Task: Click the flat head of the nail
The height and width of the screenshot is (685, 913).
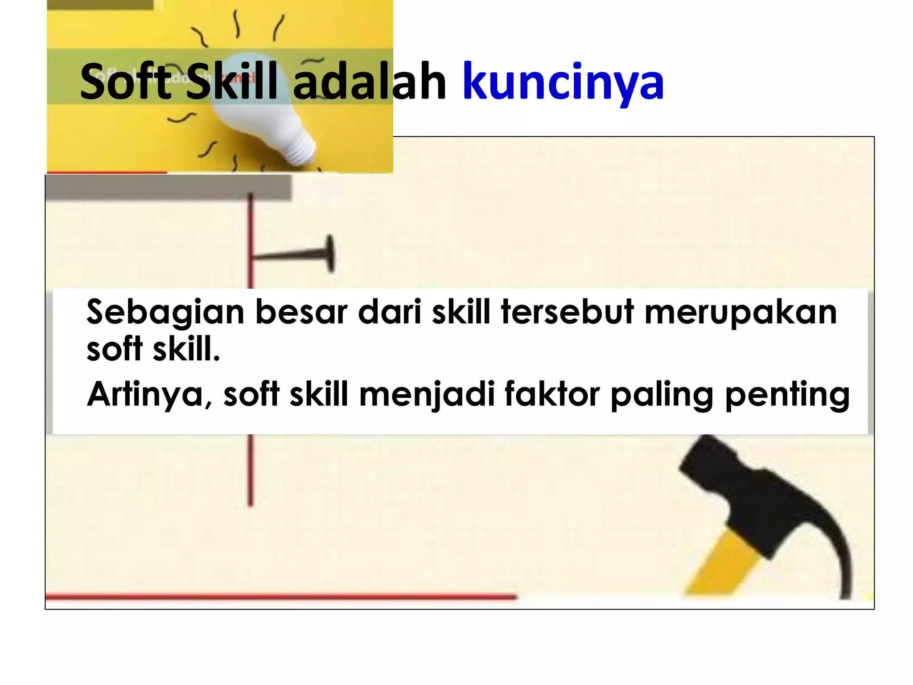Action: [x=330, y=254]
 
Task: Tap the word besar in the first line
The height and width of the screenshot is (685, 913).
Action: [x=301, y=312]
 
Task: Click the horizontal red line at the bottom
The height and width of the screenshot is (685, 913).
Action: [x=281, y=596]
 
